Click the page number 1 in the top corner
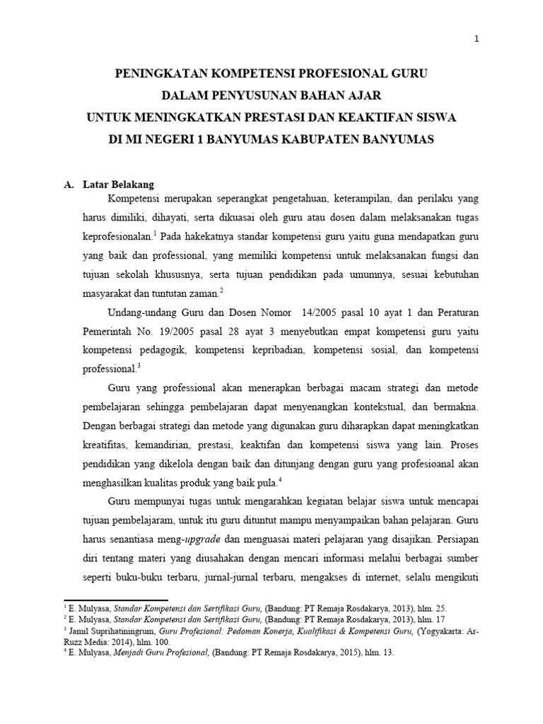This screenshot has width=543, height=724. tap(477, 40)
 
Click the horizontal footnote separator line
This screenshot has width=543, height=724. tap(116, 600)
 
